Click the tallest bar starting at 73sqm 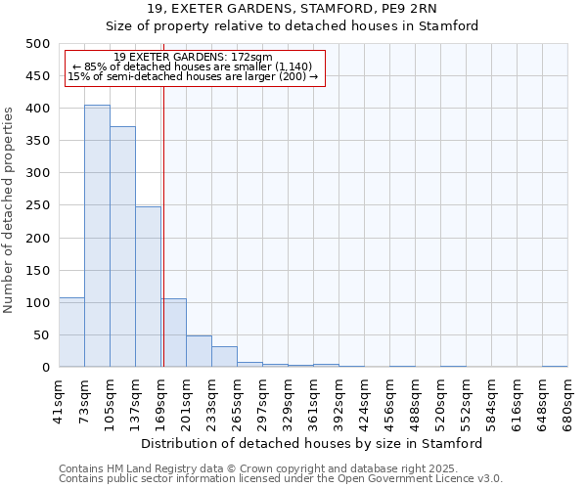(x=97, y=236)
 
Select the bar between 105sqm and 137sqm (x=122, y=246)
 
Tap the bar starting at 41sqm (x=71, y=333)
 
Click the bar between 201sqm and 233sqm (x=199, y=351)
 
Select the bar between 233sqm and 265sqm (x=224, y=357)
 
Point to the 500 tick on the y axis (x=38, y=44)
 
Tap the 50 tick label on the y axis (x=42, y=335)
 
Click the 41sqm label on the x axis (x=60, y=395)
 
